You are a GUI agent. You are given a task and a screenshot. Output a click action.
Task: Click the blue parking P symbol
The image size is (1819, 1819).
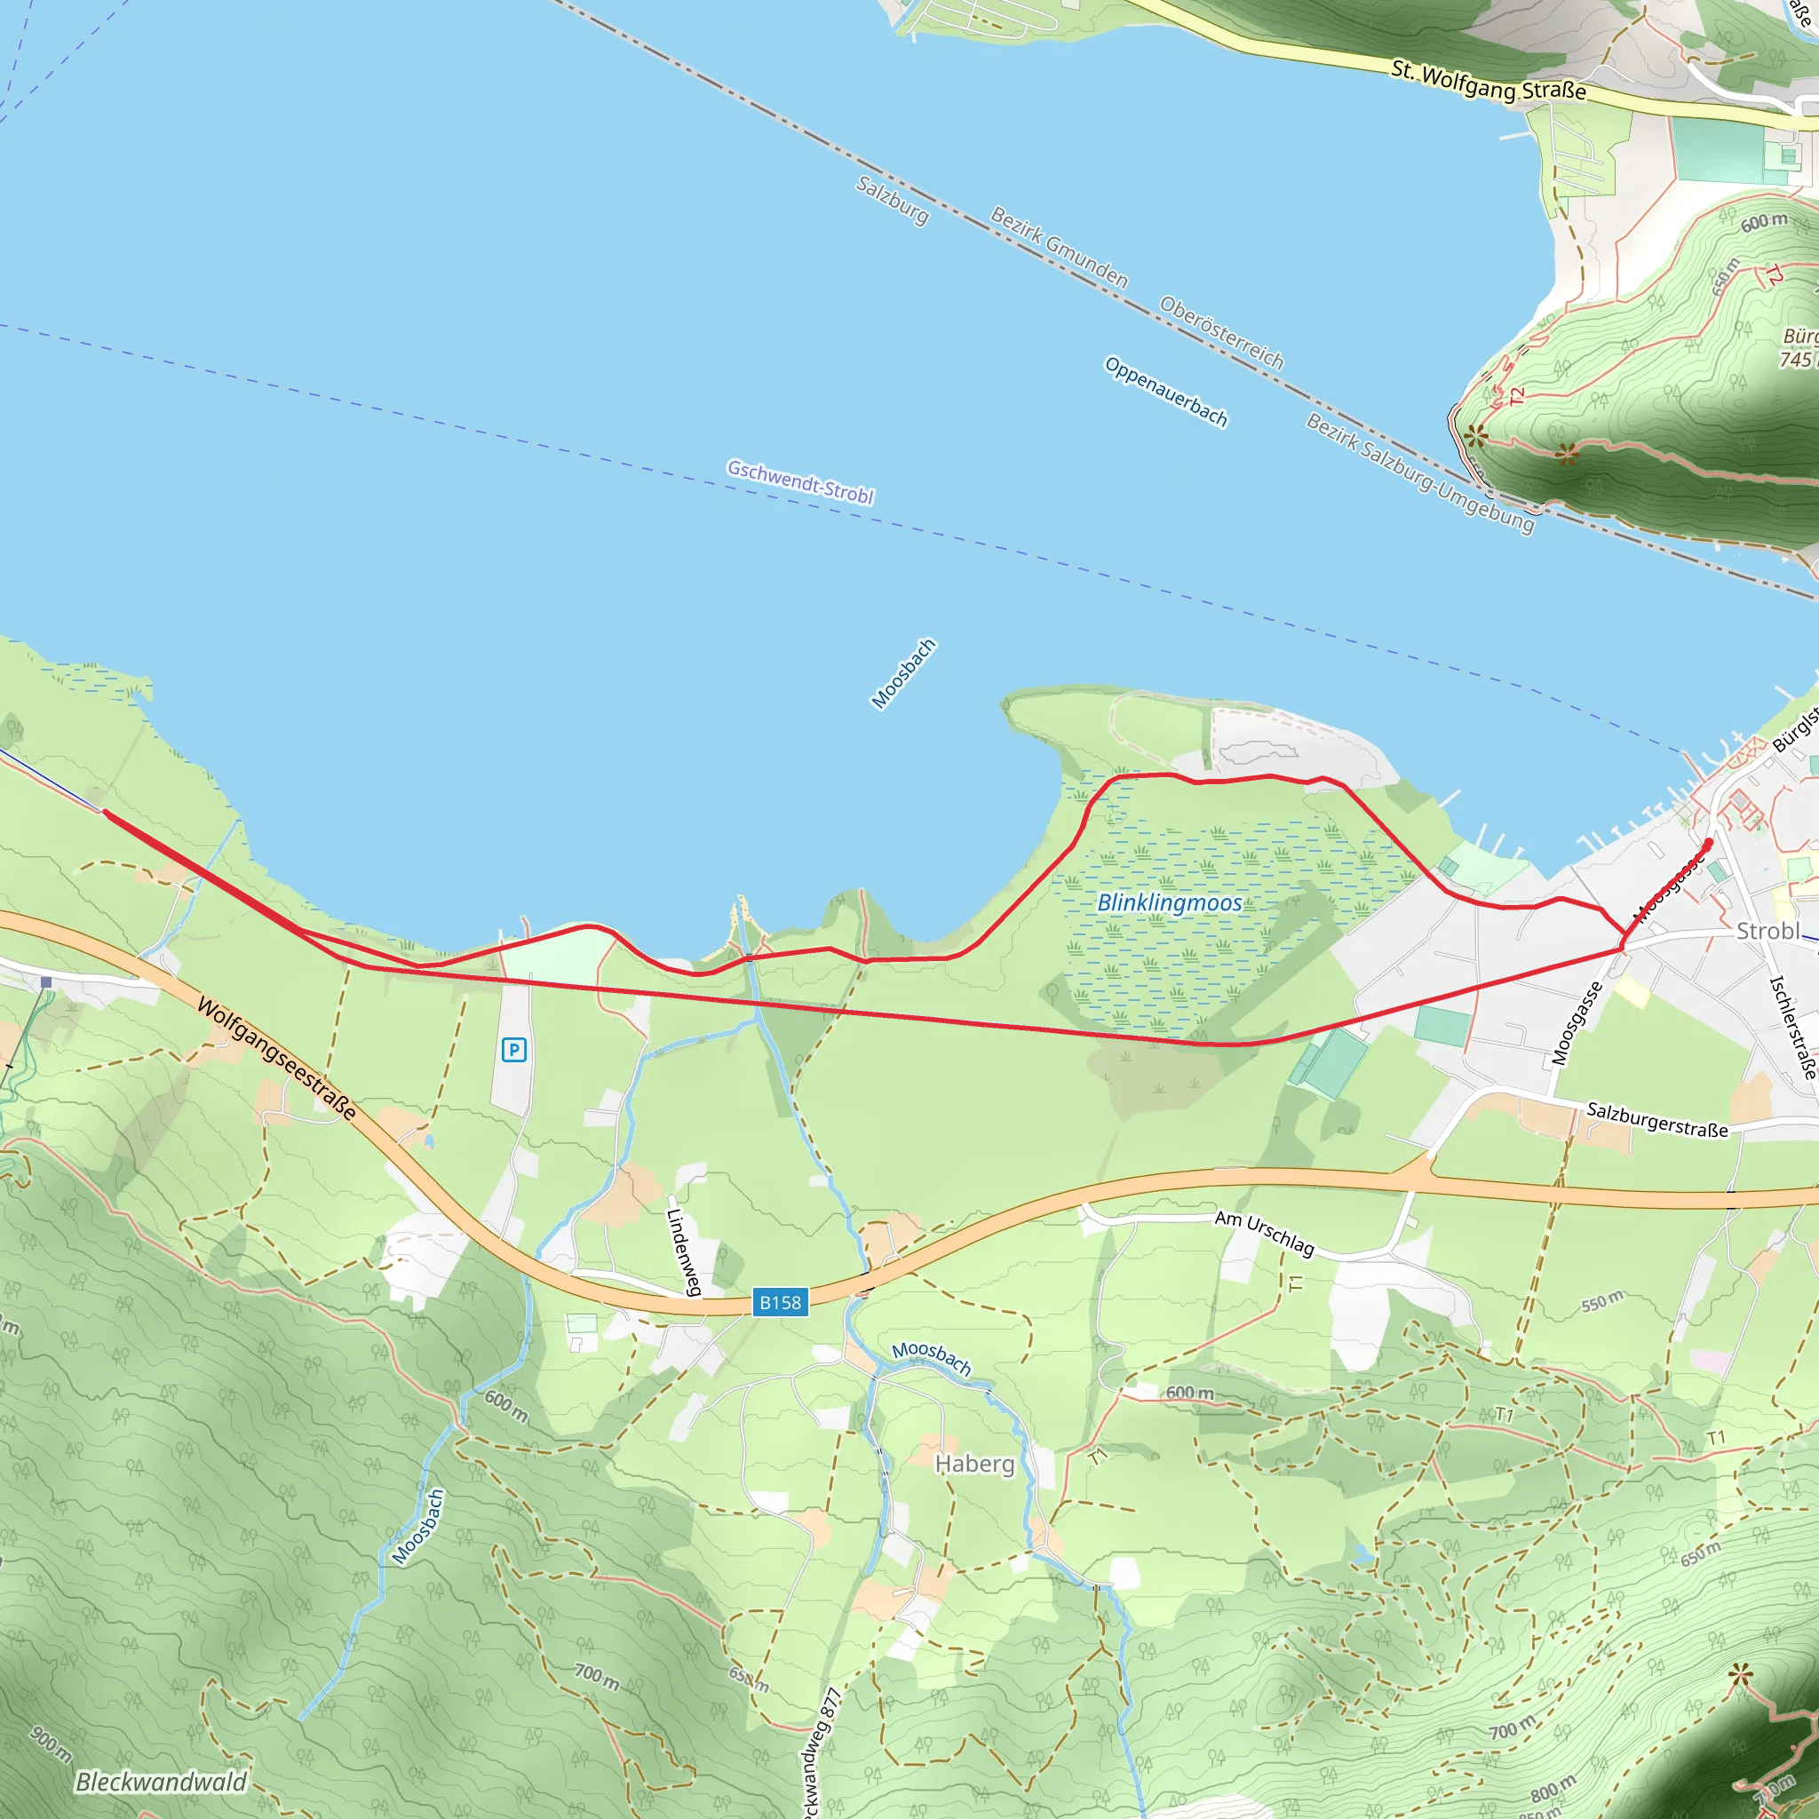point(513,1049)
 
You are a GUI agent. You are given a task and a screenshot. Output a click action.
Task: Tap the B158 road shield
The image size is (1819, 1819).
point(780,1302)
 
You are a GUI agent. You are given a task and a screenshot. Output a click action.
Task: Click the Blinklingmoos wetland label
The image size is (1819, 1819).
point(1170,902)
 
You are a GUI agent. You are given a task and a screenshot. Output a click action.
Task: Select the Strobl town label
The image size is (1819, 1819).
point(1767,930)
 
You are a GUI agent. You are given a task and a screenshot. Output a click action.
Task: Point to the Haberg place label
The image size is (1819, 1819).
point(974,1463)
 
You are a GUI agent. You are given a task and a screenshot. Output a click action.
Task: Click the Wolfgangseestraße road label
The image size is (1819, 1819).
point(277,1058)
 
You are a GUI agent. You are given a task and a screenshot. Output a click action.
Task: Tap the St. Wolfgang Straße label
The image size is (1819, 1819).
point(1488,81)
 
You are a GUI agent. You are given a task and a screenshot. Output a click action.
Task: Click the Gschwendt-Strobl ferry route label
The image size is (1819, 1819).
point(800,482)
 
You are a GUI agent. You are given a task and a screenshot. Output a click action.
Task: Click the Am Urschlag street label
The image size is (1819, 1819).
point(1264,1233)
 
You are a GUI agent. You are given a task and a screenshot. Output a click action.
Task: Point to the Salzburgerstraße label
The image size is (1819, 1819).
point(1657,1119)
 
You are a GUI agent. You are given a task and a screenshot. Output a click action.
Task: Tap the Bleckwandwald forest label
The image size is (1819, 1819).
point(160,1782)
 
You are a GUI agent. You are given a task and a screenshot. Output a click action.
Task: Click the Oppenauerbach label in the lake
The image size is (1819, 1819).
point(1165,392)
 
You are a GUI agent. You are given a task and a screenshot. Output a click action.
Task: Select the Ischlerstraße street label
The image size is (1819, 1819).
point(1792,1026)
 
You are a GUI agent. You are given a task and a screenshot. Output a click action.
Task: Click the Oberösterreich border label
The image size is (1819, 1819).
point(1221,332)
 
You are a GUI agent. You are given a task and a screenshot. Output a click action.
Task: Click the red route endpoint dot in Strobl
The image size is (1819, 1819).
point(1709,842)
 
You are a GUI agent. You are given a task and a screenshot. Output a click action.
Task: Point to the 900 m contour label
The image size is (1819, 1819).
point(51,1744)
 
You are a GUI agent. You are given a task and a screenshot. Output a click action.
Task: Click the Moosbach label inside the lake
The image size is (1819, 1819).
point(903,673)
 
